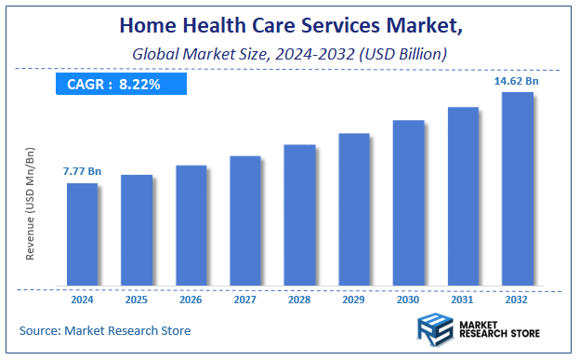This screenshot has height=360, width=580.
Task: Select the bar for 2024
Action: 82,233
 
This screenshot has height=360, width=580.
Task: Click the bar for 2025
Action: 137,230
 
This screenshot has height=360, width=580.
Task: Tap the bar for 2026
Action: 191,225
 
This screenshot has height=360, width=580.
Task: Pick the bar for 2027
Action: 245,220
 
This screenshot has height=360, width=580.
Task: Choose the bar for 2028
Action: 299,215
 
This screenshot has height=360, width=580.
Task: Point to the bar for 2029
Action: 354,209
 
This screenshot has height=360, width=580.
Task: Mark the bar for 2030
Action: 408,203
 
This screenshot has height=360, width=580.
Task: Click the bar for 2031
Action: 463,196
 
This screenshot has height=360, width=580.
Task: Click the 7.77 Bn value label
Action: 82,172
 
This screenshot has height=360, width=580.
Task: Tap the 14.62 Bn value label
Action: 517,82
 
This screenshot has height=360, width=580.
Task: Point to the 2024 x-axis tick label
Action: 82,300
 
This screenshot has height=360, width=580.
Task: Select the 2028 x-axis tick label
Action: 299,300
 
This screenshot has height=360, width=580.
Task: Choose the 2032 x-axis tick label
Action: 517,300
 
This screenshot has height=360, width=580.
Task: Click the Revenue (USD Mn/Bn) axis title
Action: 31,202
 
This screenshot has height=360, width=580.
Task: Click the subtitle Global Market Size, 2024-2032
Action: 289,55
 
